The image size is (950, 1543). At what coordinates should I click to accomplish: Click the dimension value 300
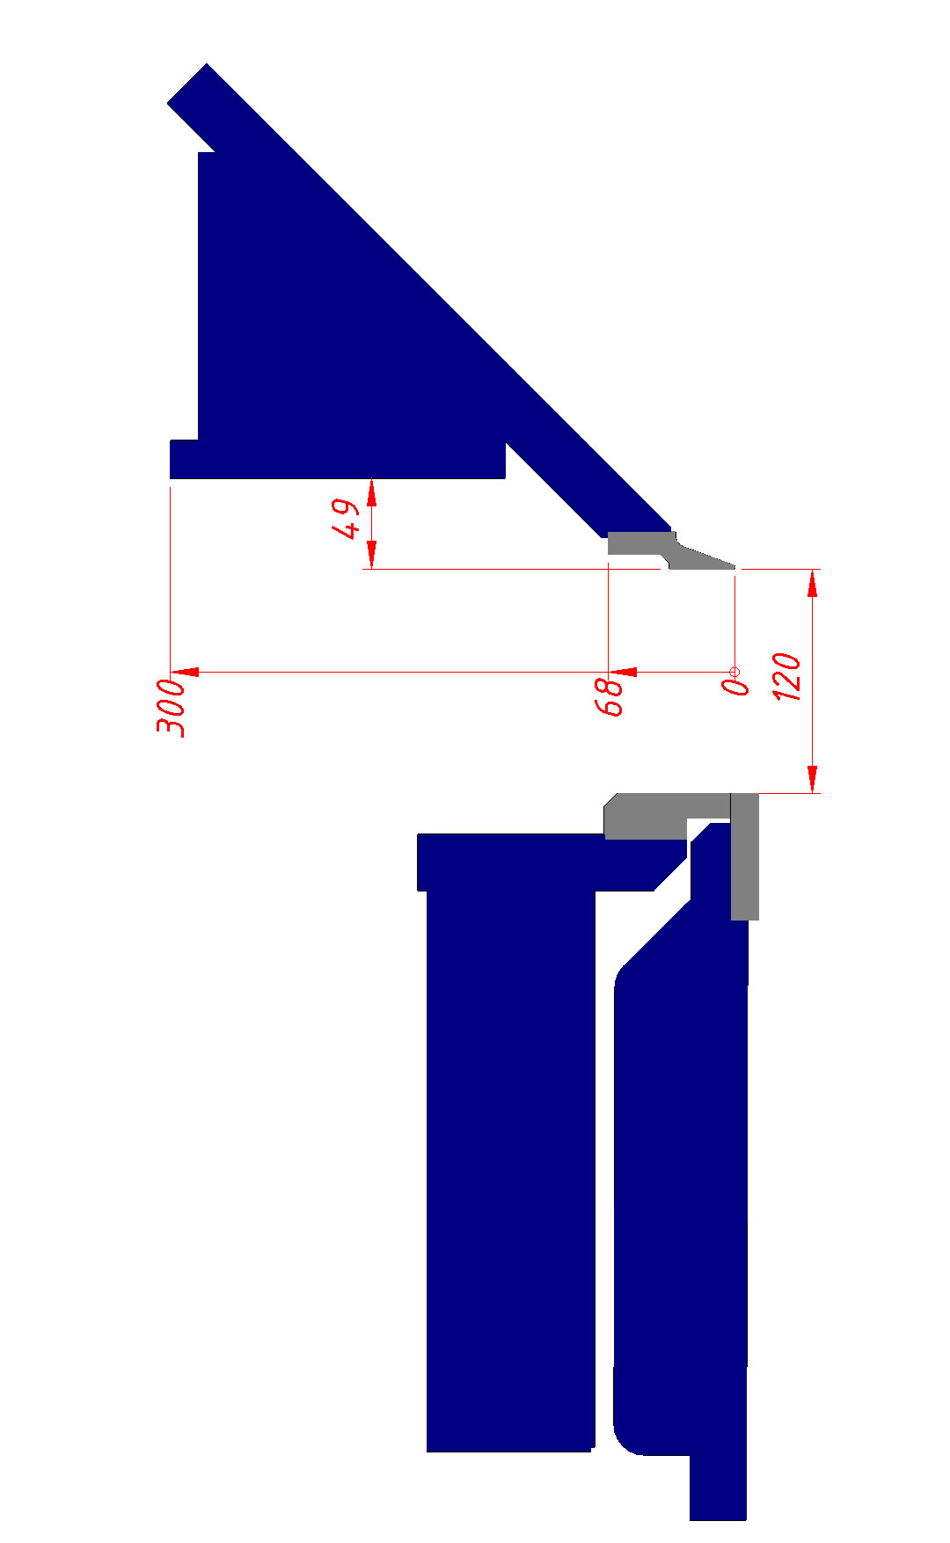click(x=171, y=707)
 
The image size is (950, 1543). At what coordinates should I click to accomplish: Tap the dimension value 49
click(x=346, y=519)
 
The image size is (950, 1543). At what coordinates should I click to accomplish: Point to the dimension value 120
click(x=787, y=677)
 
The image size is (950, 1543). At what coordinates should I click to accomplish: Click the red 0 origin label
click(x=734, y=686)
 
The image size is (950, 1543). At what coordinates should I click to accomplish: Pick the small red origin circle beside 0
click(x=735, y=672)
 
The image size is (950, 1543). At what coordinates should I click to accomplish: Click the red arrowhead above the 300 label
click(x=184, y=672)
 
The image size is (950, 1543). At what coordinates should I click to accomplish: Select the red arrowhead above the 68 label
click(x=623, y=672)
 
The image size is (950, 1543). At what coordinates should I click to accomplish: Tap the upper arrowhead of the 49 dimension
click(x=372, y=493)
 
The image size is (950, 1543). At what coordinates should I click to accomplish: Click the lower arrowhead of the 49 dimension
click(x=372, y=555)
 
